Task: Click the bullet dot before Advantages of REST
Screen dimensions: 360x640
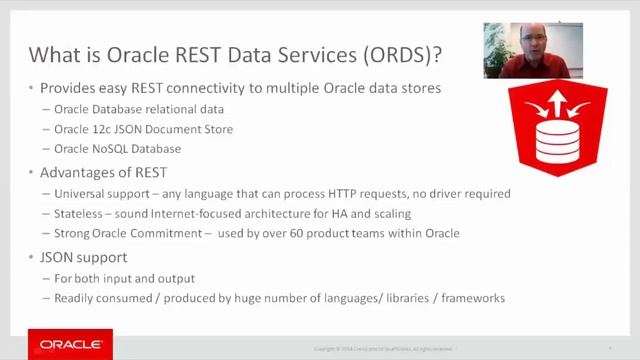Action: pos(31,172)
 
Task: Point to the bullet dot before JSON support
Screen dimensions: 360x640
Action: pos(31,257)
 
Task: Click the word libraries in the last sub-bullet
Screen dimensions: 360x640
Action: pos(401,298)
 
